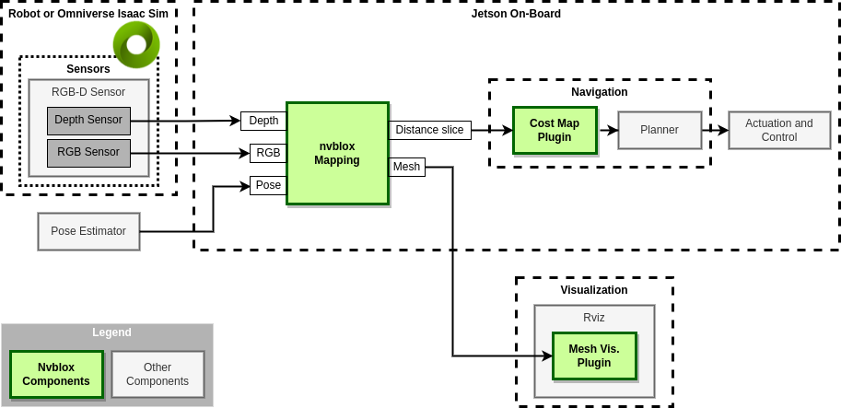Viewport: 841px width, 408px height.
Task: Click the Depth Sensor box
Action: click(88, 121)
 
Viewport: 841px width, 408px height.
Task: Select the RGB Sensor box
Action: click(88, 153)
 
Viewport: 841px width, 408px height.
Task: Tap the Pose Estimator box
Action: click(88, 231)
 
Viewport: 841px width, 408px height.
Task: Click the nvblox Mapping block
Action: click(337, 153)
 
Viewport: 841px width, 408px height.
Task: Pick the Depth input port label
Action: click(263, 121)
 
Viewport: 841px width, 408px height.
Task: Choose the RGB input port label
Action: click(268, 153)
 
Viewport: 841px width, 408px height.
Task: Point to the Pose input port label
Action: click(268, 185)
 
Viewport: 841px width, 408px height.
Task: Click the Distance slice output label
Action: click(429, 130)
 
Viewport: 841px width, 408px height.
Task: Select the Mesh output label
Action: click(406, 167)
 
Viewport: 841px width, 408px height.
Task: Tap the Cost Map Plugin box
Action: click(555, 130)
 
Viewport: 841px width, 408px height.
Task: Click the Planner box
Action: click(660, 130)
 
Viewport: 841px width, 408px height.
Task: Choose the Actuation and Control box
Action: click(779, 130)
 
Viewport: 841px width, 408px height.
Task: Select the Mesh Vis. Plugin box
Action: click(594, 356)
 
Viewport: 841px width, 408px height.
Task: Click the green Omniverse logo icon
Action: click(136, 44)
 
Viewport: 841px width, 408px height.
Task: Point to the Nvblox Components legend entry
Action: click(56, 374)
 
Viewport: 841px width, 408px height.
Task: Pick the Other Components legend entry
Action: click(158, 374)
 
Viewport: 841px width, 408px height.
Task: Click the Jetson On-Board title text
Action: click(516, 14)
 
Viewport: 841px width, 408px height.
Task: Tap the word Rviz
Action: click(594, 318)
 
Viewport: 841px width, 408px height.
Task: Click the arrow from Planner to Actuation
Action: click(715, 130)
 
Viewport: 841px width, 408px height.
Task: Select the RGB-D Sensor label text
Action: click(88, 92)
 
